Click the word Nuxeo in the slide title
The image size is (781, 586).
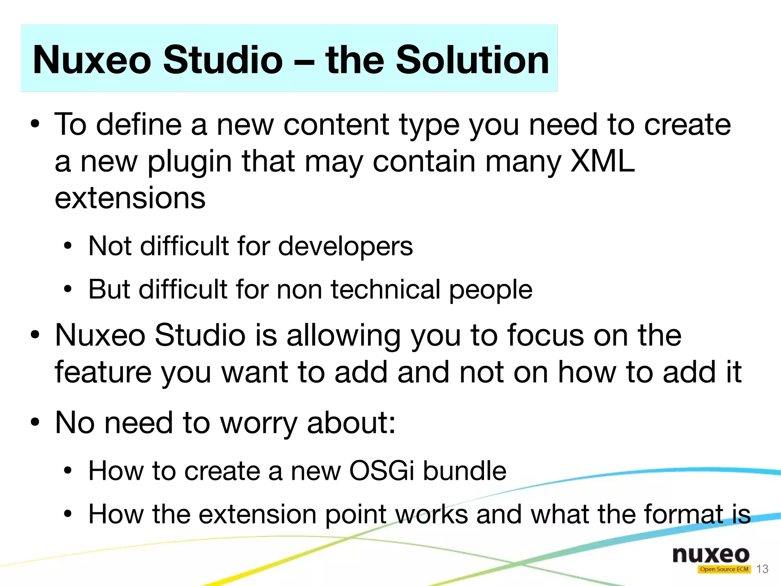92,60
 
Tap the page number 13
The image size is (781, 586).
762,569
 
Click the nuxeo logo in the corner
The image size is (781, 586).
711,555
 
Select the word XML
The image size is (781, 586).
602,161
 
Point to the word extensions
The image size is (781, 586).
130,198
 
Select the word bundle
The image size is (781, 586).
464,471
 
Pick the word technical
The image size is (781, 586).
386,289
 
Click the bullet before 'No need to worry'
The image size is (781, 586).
35,423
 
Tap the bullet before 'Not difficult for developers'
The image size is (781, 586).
68,246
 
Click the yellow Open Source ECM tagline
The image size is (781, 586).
724,569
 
